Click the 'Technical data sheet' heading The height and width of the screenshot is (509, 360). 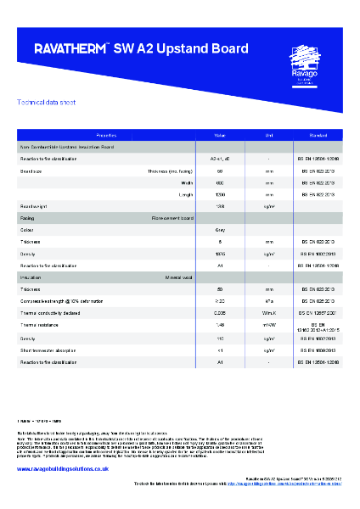click(x=41, y=103)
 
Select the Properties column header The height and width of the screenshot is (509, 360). click(x=107, y=136)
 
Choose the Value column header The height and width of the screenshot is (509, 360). click(x=220, y=136)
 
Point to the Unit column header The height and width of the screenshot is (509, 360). click(x=268, y=136)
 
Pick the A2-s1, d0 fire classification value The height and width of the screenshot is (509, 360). click(x=220, y=159)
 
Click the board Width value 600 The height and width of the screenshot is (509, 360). click(x=220, y=182)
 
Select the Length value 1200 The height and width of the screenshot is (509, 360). click(x=220, y=194)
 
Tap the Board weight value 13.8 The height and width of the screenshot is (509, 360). click(x=220, y=206)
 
